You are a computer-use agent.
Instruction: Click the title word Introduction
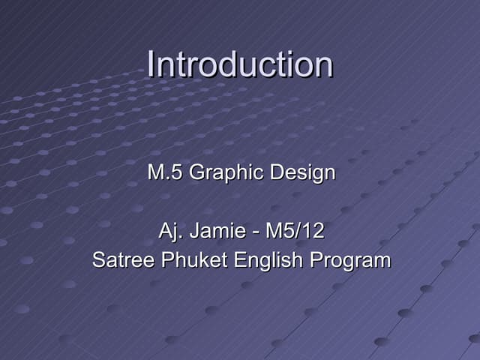tap(240, 64)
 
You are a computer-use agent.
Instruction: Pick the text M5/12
tap(295, 230)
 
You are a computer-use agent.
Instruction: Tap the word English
tap(270, 261)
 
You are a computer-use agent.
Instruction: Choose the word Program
tap(351, 261)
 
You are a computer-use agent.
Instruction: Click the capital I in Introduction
tap(151, 64)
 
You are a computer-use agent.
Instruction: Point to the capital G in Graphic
tap(196, 173)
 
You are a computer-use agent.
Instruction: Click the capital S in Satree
tap(98, 260)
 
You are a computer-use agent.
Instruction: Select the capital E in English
tap(240, 260)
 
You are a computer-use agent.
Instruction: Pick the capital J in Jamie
tap(193, 230)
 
